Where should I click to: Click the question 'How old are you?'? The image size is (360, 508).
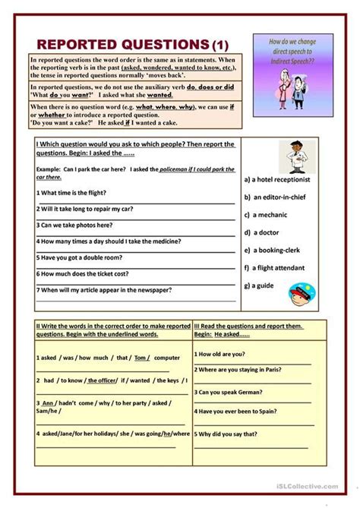coord(220,353)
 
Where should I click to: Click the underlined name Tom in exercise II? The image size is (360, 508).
coord(141,357)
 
